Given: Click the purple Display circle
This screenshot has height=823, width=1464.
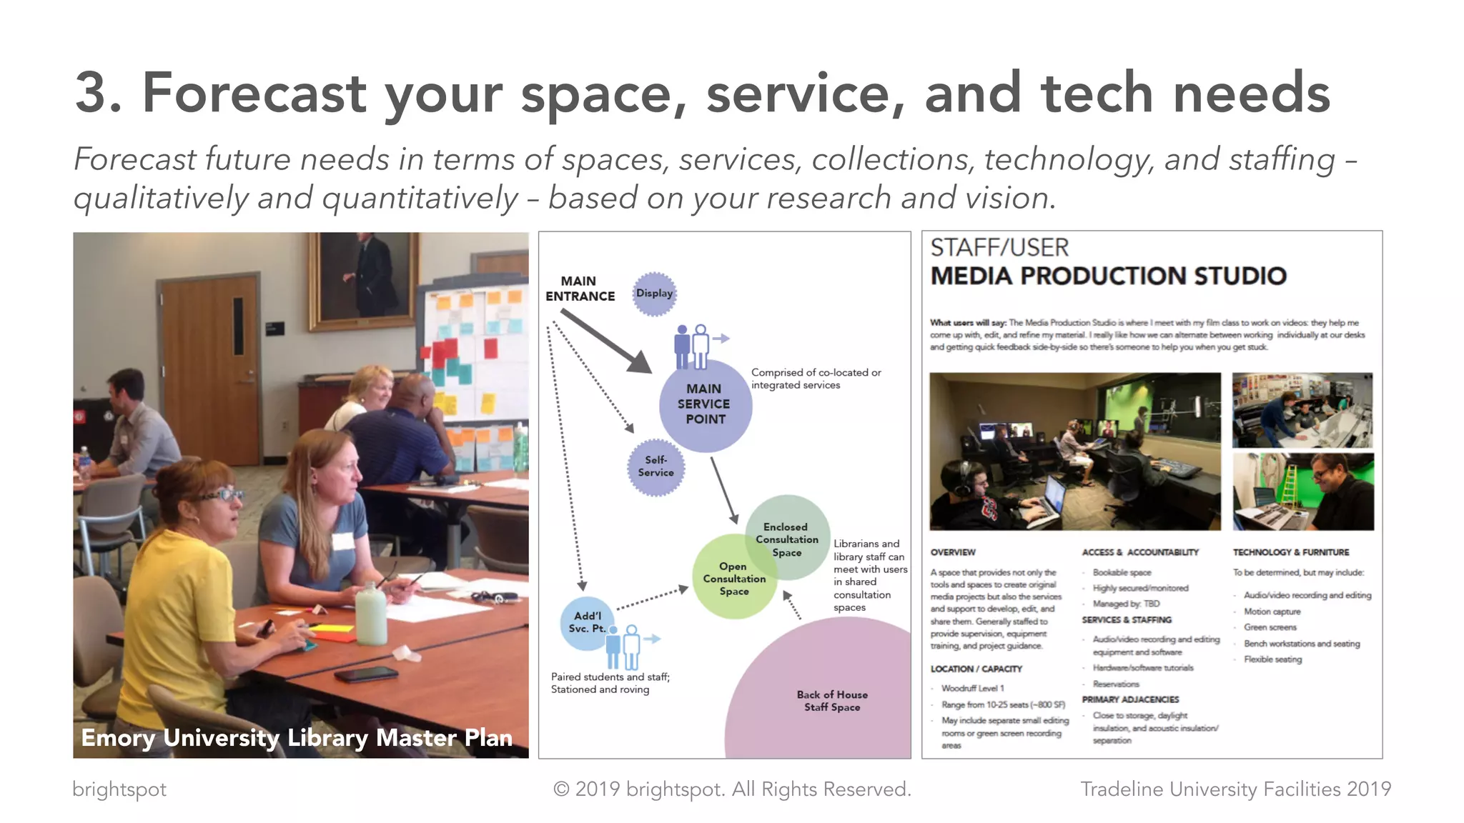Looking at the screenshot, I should point(654,294).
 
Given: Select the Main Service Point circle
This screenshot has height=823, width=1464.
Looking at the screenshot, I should point(705,405).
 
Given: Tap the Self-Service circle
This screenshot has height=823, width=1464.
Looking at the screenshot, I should point(656,467).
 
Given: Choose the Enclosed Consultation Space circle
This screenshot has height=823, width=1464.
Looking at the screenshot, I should point(787,538).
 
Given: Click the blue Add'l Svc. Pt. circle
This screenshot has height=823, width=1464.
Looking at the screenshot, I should point(586,622).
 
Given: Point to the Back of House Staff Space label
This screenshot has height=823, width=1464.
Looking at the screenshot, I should point(832,701).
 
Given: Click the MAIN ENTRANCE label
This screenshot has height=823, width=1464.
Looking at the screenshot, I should point(580,289).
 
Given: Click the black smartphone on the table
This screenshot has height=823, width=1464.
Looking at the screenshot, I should point(366,674).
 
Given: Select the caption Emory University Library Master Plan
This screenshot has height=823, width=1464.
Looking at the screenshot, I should point(297,737).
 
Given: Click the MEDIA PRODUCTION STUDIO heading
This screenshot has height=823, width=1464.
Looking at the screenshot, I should point(1108,276).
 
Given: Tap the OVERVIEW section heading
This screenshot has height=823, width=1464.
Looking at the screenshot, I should point(953,552).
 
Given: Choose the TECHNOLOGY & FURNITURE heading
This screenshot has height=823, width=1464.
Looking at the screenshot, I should point(1291,552).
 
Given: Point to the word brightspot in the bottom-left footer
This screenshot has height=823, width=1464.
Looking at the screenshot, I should point(119,789).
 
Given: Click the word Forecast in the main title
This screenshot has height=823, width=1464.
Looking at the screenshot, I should point(254,93).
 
